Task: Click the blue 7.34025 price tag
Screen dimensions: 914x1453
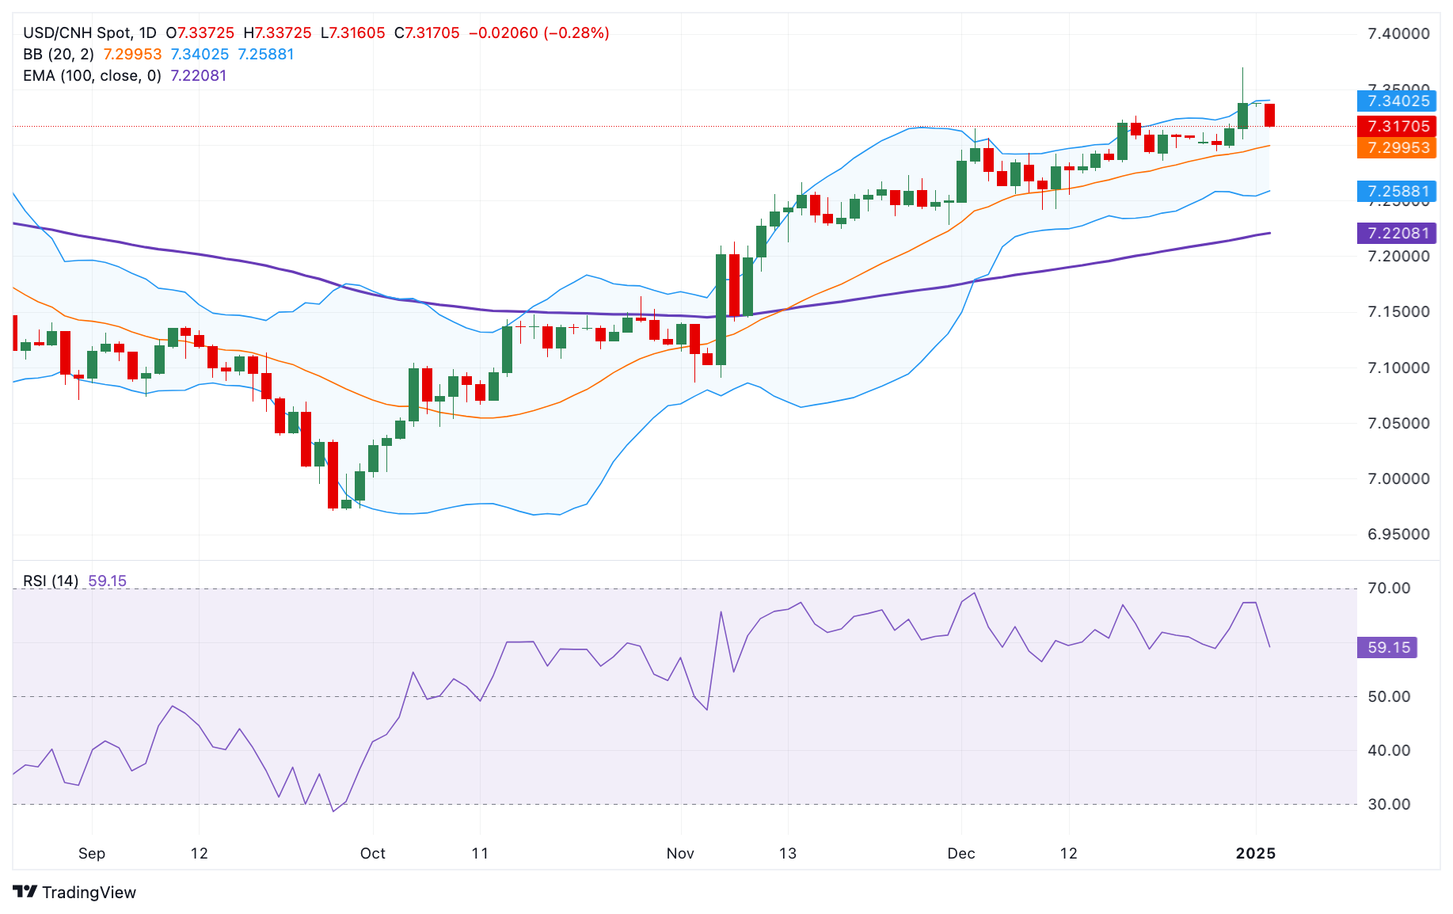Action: pyautogui.click(x=1398, y=101)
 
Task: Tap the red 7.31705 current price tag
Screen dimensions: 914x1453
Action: pyautogui.click(x=1398, y=126)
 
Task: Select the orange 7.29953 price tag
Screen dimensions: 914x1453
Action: pyautogui.click(x=1398, y=147)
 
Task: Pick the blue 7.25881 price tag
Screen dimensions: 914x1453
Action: pyautogui.click(x=1398, y=191)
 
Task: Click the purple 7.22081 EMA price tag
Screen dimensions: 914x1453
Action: pyautogui.click(x=1398, y=233)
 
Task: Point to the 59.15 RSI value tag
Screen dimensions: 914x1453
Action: pyautogui.click(x=1388, y=647)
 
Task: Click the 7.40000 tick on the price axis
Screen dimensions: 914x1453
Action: pyautogui.click(x=1398, y=33)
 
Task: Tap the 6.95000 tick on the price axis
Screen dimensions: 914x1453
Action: pyautogui.click(x=1398, y=534)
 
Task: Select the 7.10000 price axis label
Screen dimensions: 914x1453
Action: pyautogui.click(x=1398, y=368)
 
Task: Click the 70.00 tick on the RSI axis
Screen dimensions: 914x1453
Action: pyautogui.click(x=1390, y=588)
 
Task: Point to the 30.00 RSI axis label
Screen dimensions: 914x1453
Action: pyautogui.click(x=1390, y=804)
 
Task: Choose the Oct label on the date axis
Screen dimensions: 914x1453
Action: pyautogui.click(x=372, y=853)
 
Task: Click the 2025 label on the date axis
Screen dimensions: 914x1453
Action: pyautogui.click(x=1256, y=853)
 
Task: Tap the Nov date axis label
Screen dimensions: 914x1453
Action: pyautogui.click(x=680, y=853)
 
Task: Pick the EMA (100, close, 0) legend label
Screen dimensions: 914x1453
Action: pyautogui.click(x=92, y=75)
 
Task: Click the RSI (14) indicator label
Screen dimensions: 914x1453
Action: pyautogui.click(x=51, y=581)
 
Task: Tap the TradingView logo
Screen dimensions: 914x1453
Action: pyautogui.click(x=75, y=892)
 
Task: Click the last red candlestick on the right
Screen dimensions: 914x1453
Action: pyautogui.click(x=1270, y=115)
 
